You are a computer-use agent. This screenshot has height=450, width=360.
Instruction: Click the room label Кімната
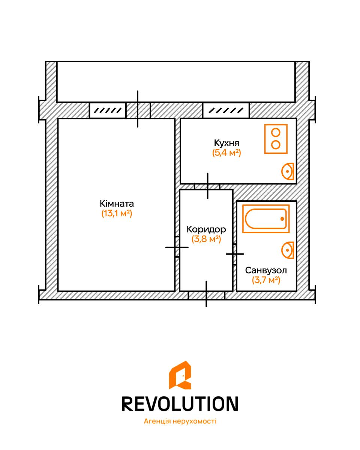(117, 204)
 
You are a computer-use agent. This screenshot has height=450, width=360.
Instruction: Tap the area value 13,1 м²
(117, 213)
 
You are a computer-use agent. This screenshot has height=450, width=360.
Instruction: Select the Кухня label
(226, 143)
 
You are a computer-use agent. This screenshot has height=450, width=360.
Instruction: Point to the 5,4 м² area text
(226, 153)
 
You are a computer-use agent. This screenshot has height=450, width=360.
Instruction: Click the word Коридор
(206, 229)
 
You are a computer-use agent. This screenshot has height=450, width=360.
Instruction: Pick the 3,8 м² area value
(206, 239)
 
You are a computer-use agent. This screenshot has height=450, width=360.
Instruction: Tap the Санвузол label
(266, 270)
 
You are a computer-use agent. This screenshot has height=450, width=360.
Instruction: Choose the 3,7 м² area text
(266, 280)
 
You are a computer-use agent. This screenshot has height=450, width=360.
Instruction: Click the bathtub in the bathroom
(266, 219)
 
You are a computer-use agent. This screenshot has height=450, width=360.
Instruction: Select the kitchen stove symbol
(276, 139)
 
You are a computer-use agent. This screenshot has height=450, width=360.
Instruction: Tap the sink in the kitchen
(288, 171)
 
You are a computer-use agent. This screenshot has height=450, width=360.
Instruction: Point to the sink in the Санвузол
(288, 250)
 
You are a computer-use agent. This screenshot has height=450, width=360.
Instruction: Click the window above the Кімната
(108, 110)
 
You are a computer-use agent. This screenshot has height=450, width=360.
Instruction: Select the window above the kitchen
(226, 110)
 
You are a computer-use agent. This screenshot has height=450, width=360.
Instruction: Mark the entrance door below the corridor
(207, 295)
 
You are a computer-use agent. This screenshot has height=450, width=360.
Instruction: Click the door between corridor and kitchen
(207, 186)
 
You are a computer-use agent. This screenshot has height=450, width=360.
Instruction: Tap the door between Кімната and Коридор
(177, 247)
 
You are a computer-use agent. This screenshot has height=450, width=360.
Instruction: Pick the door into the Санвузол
(235, 254)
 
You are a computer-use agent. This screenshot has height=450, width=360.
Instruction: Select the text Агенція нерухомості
(180, 421)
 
